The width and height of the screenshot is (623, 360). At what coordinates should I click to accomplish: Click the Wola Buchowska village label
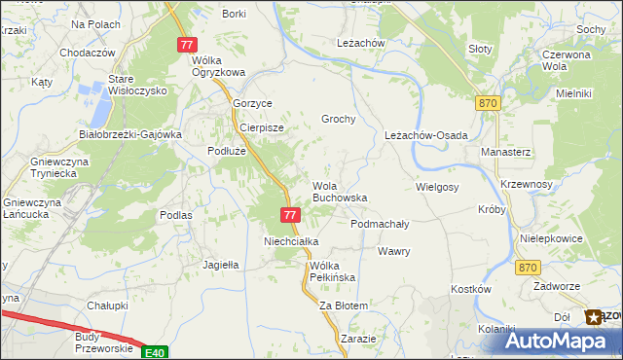(x=339, y=191)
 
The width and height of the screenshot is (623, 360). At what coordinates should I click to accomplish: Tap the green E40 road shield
(x=153, y=352)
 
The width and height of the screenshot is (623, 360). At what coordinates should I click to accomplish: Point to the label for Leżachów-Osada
(x=426, y=135)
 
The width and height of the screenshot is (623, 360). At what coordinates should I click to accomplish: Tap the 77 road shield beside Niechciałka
(x=289, y=214)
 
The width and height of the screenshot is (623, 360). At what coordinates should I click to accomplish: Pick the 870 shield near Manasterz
(x=489, y=102)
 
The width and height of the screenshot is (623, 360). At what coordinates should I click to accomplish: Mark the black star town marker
(x=593, y=316)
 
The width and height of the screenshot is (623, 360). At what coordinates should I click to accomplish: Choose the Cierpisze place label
(x=261, y=127)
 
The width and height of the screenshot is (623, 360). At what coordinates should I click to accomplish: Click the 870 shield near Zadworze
(x=528, y=268)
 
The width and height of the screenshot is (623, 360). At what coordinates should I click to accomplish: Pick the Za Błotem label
(x=344, y=306)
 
